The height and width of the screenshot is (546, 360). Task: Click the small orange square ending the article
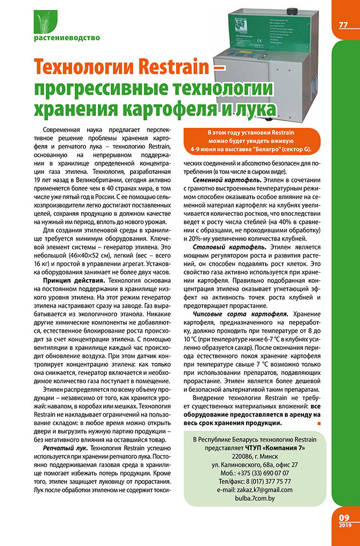pyautogui.click(x=320, y=424)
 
